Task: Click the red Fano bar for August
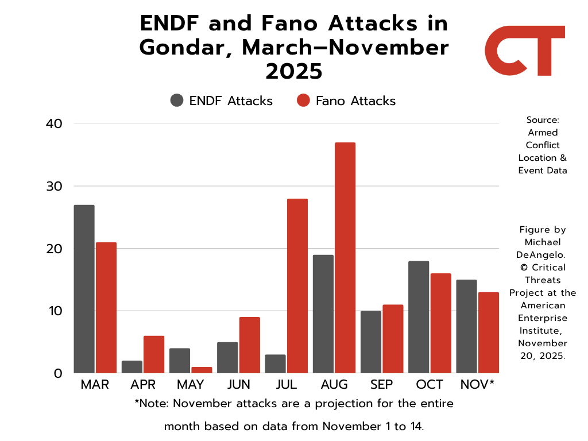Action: pos(345,258)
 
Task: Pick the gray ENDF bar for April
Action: pos(131,367)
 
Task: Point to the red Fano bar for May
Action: pos(202,370)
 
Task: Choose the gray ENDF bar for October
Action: pos(419,317)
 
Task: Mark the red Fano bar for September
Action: pos(393,339)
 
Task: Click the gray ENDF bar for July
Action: pos(275,364)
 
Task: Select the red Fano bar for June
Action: pos(249,345)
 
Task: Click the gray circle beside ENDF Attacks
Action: pos(177,100)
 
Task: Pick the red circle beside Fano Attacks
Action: pos(303,100)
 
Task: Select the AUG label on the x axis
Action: pos(334,385)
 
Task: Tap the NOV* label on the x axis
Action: pos(477,385)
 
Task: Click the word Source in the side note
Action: pos(542,120)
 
